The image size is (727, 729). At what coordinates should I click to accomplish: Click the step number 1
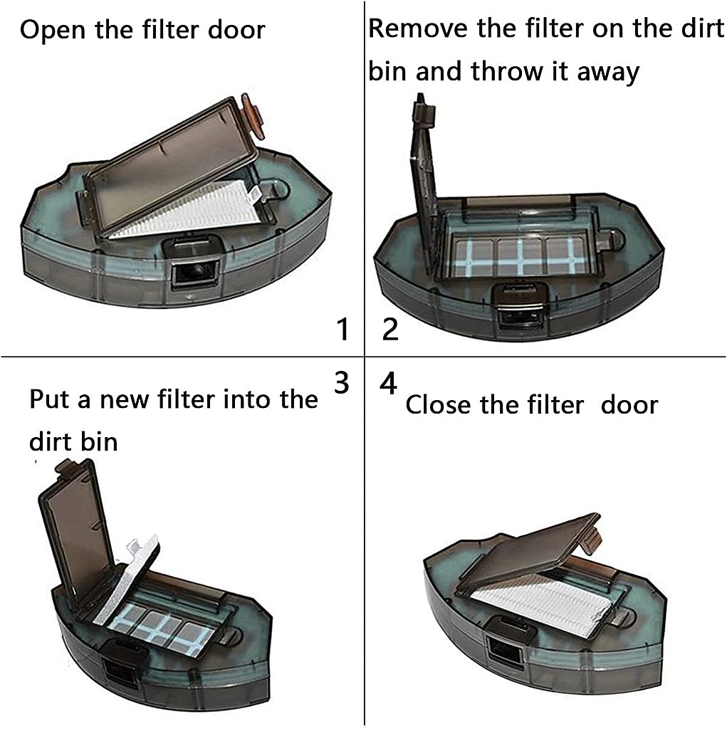tap(342, 330)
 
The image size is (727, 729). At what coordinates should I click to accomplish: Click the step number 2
tap(390, 330)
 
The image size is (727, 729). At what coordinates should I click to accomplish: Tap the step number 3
tap(342, 382)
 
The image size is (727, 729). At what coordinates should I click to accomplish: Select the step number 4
tap(388, 384)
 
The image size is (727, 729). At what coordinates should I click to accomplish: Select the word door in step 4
tap(629, 404)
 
